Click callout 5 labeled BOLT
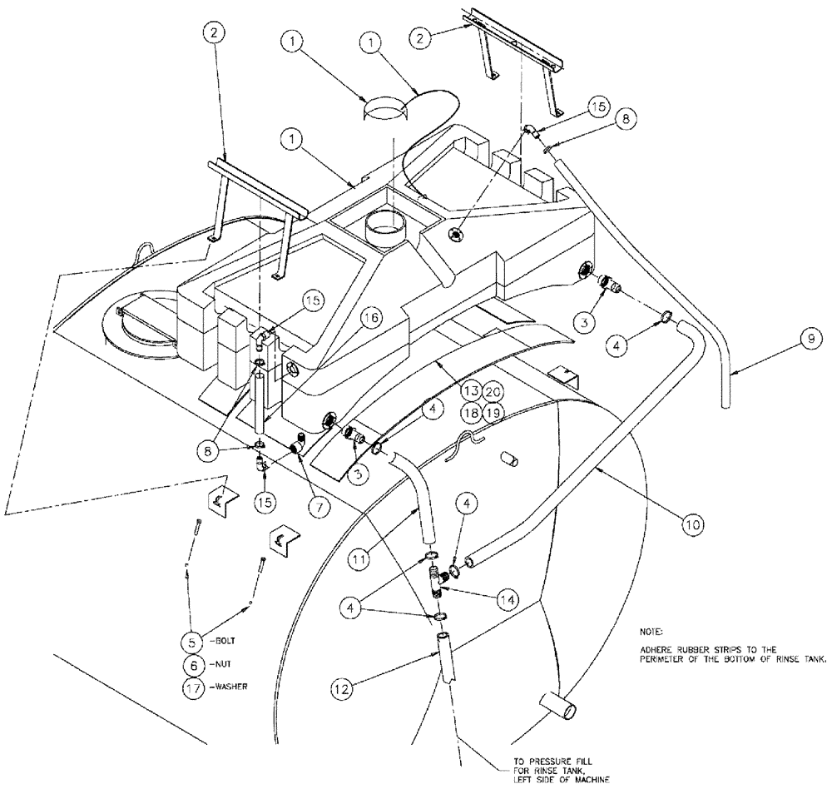[x=193, y=642]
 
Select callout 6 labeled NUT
[x=193, y=665]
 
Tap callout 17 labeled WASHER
[x=193, y=688]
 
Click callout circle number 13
[x=472, y=390]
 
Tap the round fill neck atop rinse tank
[x=389, y=226]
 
